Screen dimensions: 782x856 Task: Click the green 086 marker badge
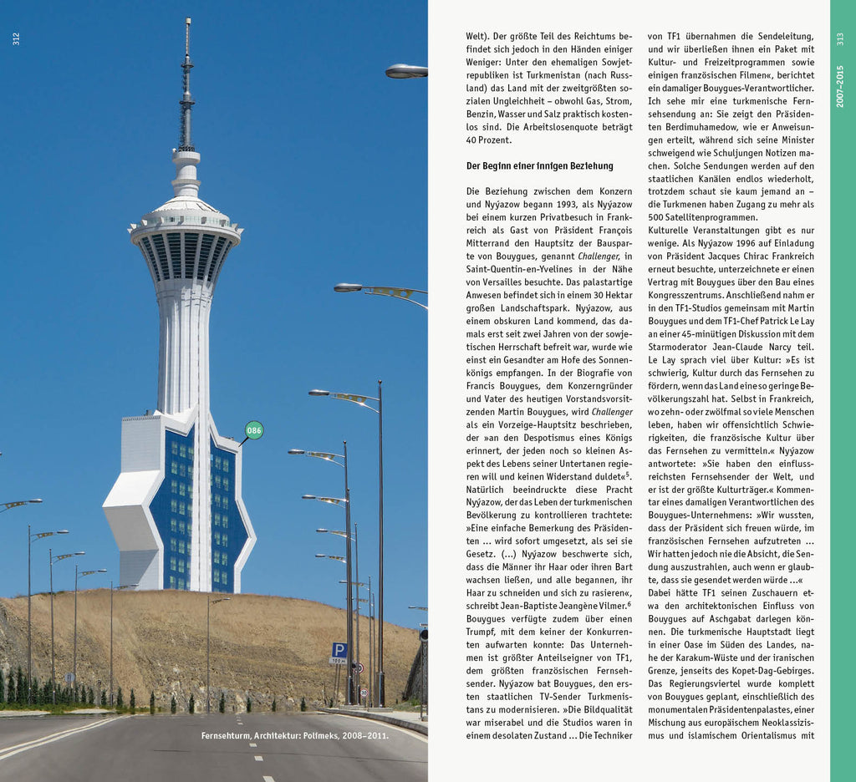(x=254, y=430)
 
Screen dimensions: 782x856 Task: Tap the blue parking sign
(x=339, y=649)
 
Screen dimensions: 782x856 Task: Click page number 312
(x=16, y=38)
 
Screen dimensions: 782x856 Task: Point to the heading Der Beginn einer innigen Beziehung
(x=539, y=165)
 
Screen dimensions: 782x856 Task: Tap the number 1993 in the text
(x=548, y=204)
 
